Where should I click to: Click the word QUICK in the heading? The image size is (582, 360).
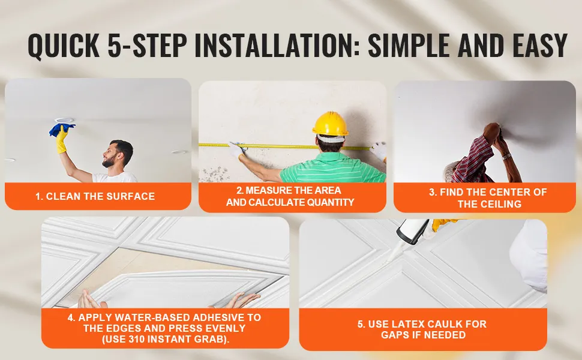64,46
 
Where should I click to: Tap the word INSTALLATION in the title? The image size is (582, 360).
277,46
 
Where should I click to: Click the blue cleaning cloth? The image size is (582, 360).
62,129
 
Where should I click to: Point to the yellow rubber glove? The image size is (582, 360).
62,140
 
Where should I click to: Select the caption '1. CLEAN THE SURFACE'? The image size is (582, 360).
95,196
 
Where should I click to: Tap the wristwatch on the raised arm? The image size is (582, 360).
506,156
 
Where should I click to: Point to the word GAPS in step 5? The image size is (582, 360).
393,335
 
